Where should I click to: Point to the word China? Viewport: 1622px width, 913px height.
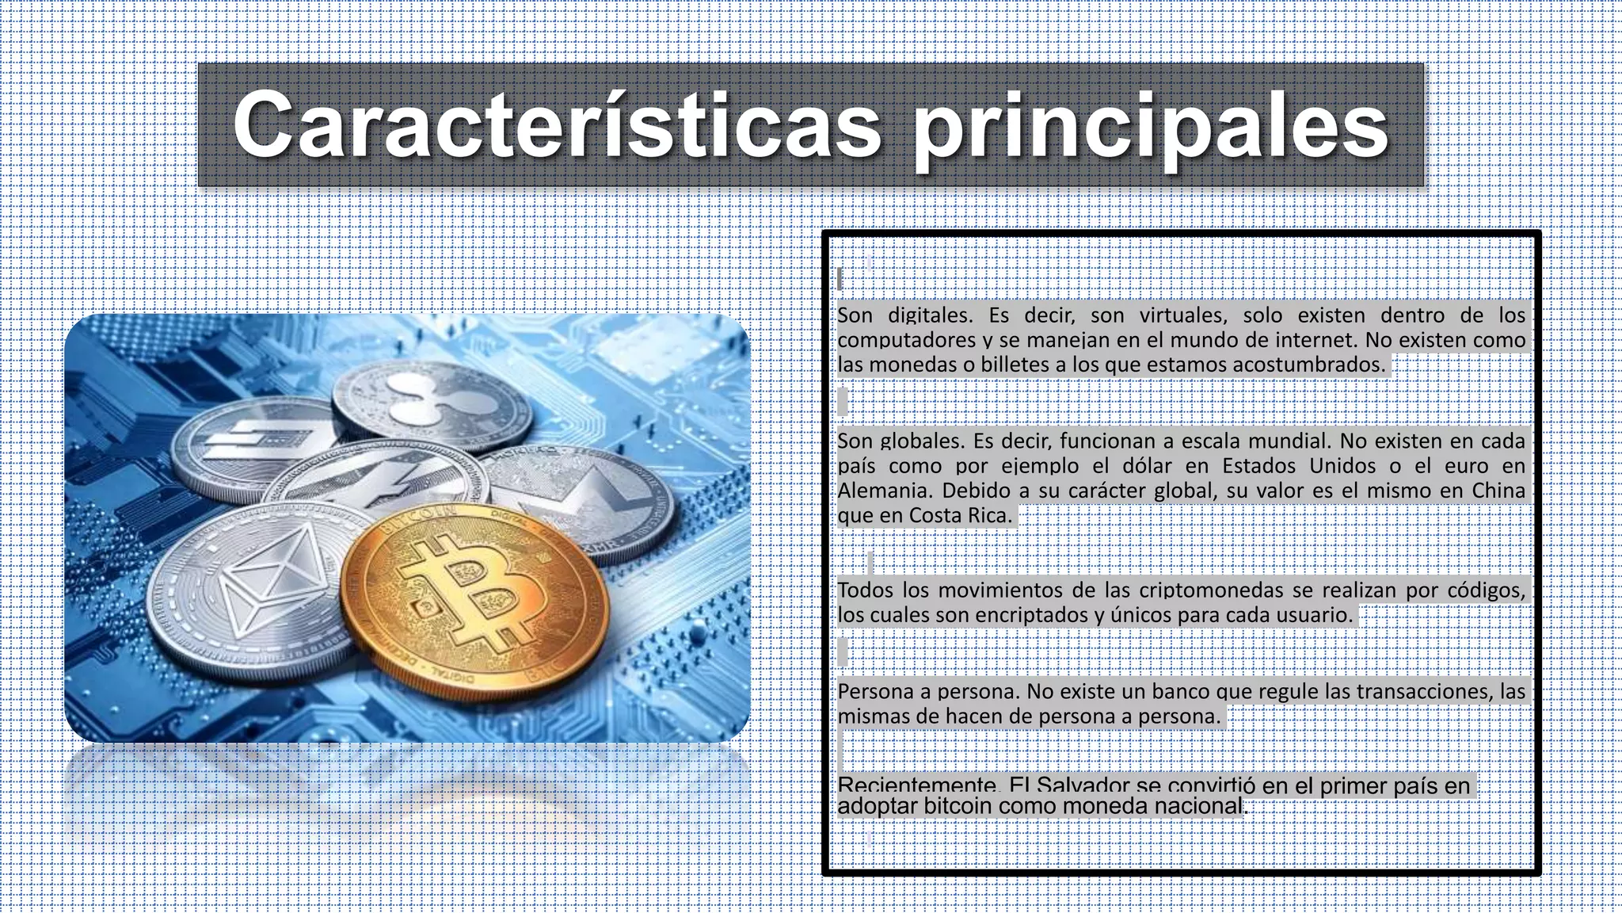[x=1498, y=491]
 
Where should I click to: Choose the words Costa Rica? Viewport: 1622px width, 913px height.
[x=960, y=516]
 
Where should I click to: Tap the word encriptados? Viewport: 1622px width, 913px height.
[x=1029, y=615]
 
